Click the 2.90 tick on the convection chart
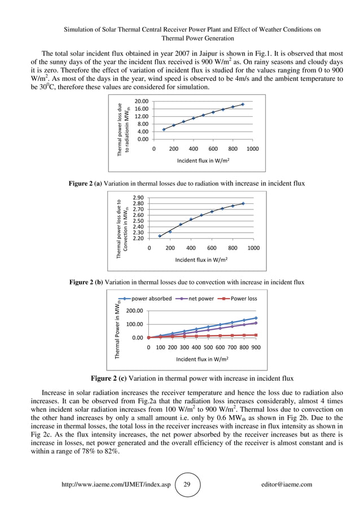137,198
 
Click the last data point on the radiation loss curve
243,104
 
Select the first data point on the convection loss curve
160,236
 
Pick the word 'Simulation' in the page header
81,29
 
